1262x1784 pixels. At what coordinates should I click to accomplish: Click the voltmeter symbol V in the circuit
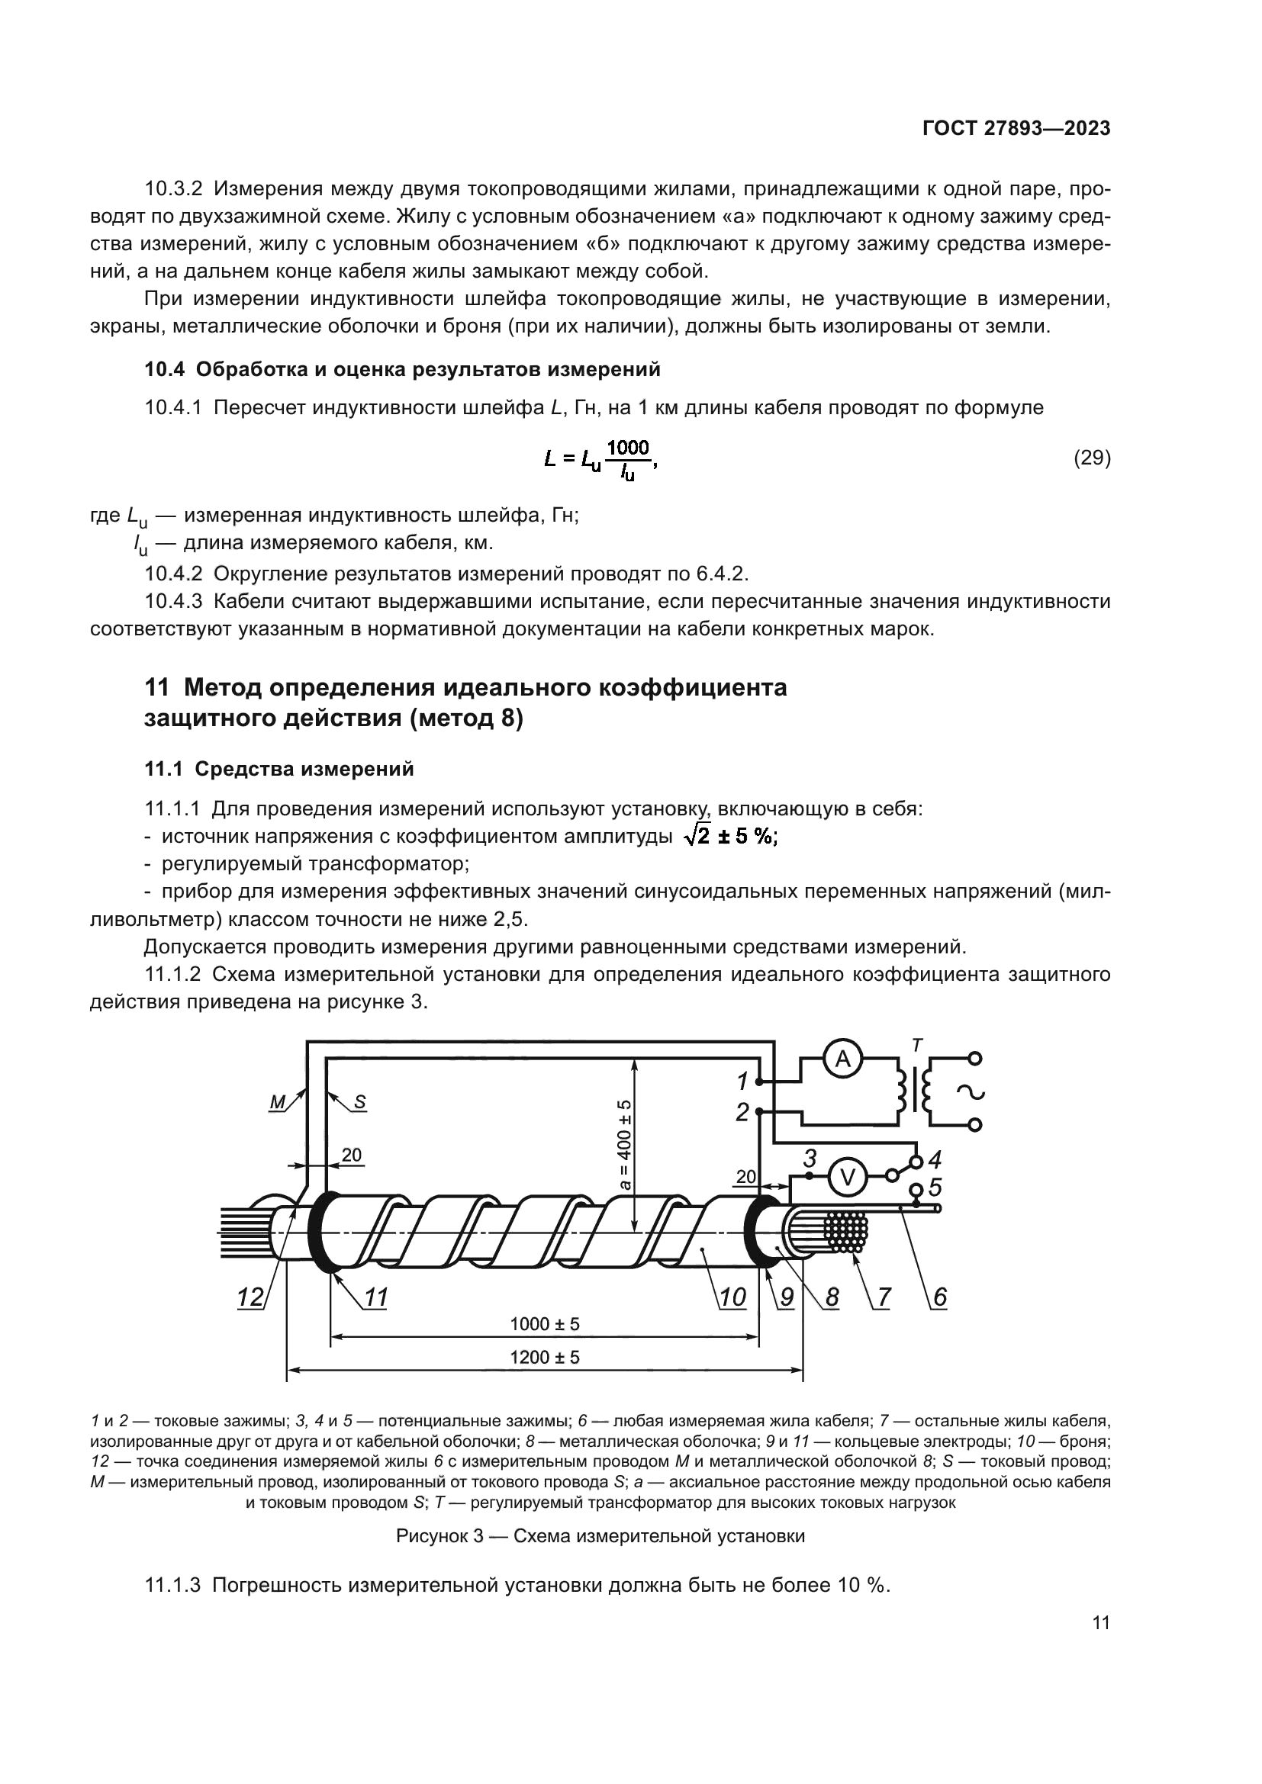pos(847,1178)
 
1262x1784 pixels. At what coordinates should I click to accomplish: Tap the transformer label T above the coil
pos(917,1046)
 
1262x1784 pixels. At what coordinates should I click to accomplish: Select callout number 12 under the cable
pos(251,1297)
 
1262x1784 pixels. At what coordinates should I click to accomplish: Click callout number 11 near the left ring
pos(376,1297)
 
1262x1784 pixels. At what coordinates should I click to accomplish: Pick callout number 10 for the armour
pos(732,1297)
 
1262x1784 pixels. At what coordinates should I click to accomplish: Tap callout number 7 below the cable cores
pos(884,1297)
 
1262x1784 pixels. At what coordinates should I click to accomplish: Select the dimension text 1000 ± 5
pos(545,1324)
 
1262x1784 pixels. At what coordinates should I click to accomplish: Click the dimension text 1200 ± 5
pos(545,1358)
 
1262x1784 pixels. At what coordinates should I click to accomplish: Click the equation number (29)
pos(1092,458)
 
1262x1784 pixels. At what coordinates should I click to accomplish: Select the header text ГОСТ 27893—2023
pos(1016,129)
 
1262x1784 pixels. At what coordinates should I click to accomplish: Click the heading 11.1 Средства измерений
pos(279,770)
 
